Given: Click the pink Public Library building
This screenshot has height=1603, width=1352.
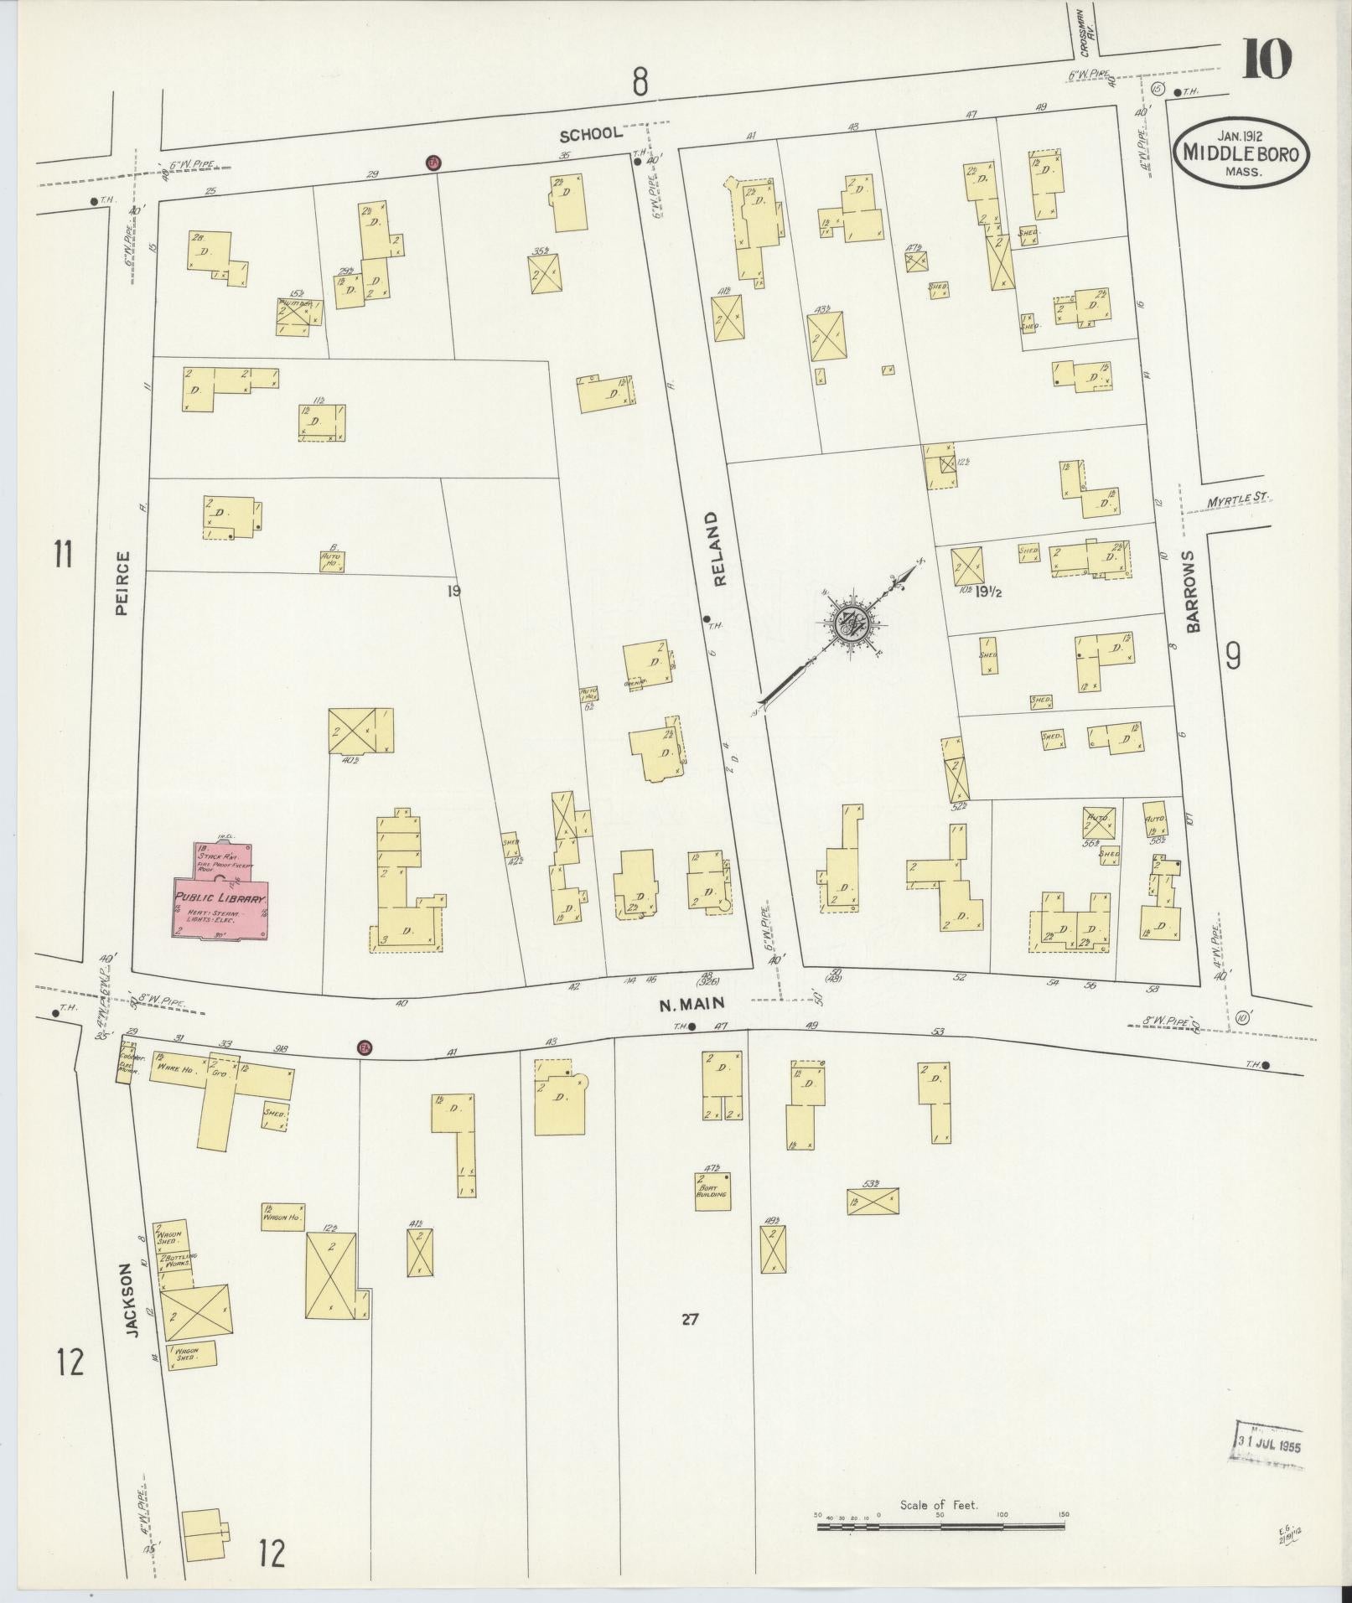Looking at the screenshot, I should pyautogui.click(x=221, y=902).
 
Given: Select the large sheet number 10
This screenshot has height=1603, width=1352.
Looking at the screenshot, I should pyautogui.click(x=1267, y=59).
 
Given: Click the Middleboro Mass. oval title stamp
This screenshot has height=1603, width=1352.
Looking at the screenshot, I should pyautogui.click(x=1241, y=153).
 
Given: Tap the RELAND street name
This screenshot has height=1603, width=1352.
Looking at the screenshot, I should pyautogui.click(x=713, y=549).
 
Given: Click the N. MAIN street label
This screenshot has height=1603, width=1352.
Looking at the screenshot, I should pyautogui.click(x=692, y=1003).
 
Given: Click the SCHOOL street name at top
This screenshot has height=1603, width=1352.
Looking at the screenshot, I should pyautogui.click(x=591, y=133).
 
